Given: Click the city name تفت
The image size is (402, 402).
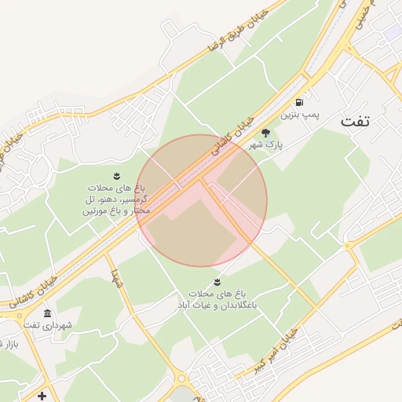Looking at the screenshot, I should [361, 122].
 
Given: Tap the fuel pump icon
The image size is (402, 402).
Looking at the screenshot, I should [299, 102].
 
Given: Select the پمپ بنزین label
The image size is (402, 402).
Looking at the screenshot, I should [302, 116].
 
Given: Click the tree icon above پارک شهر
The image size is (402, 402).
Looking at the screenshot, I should [265, 133].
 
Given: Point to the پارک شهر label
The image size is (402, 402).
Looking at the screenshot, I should [266, 145].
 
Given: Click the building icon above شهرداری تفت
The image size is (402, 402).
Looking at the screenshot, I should [48, 313].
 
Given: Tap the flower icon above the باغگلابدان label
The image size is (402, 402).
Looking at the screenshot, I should [216, 281].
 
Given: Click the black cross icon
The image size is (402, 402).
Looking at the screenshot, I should [42, 395].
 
